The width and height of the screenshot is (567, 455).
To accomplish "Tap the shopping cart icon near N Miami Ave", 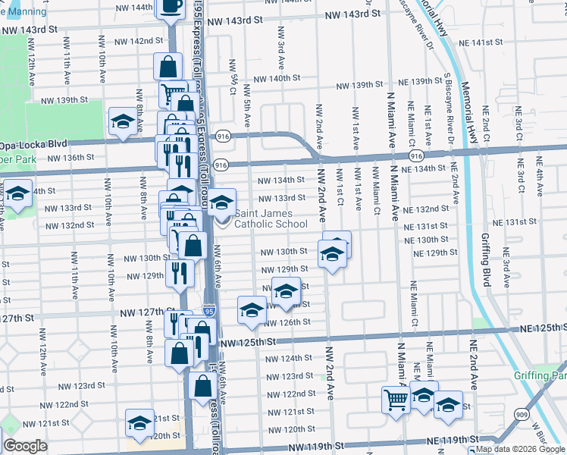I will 395,399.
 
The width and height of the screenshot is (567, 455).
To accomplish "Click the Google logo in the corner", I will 25,446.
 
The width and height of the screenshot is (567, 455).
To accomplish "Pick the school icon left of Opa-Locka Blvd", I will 122,121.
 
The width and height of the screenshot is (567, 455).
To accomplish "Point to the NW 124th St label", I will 286,358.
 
